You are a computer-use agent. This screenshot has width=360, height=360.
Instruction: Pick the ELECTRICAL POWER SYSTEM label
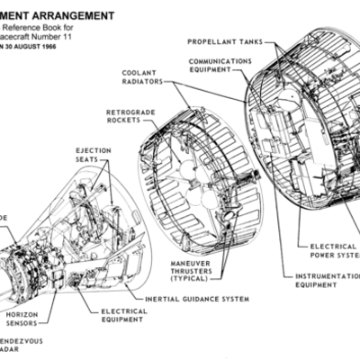pos(333,249)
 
